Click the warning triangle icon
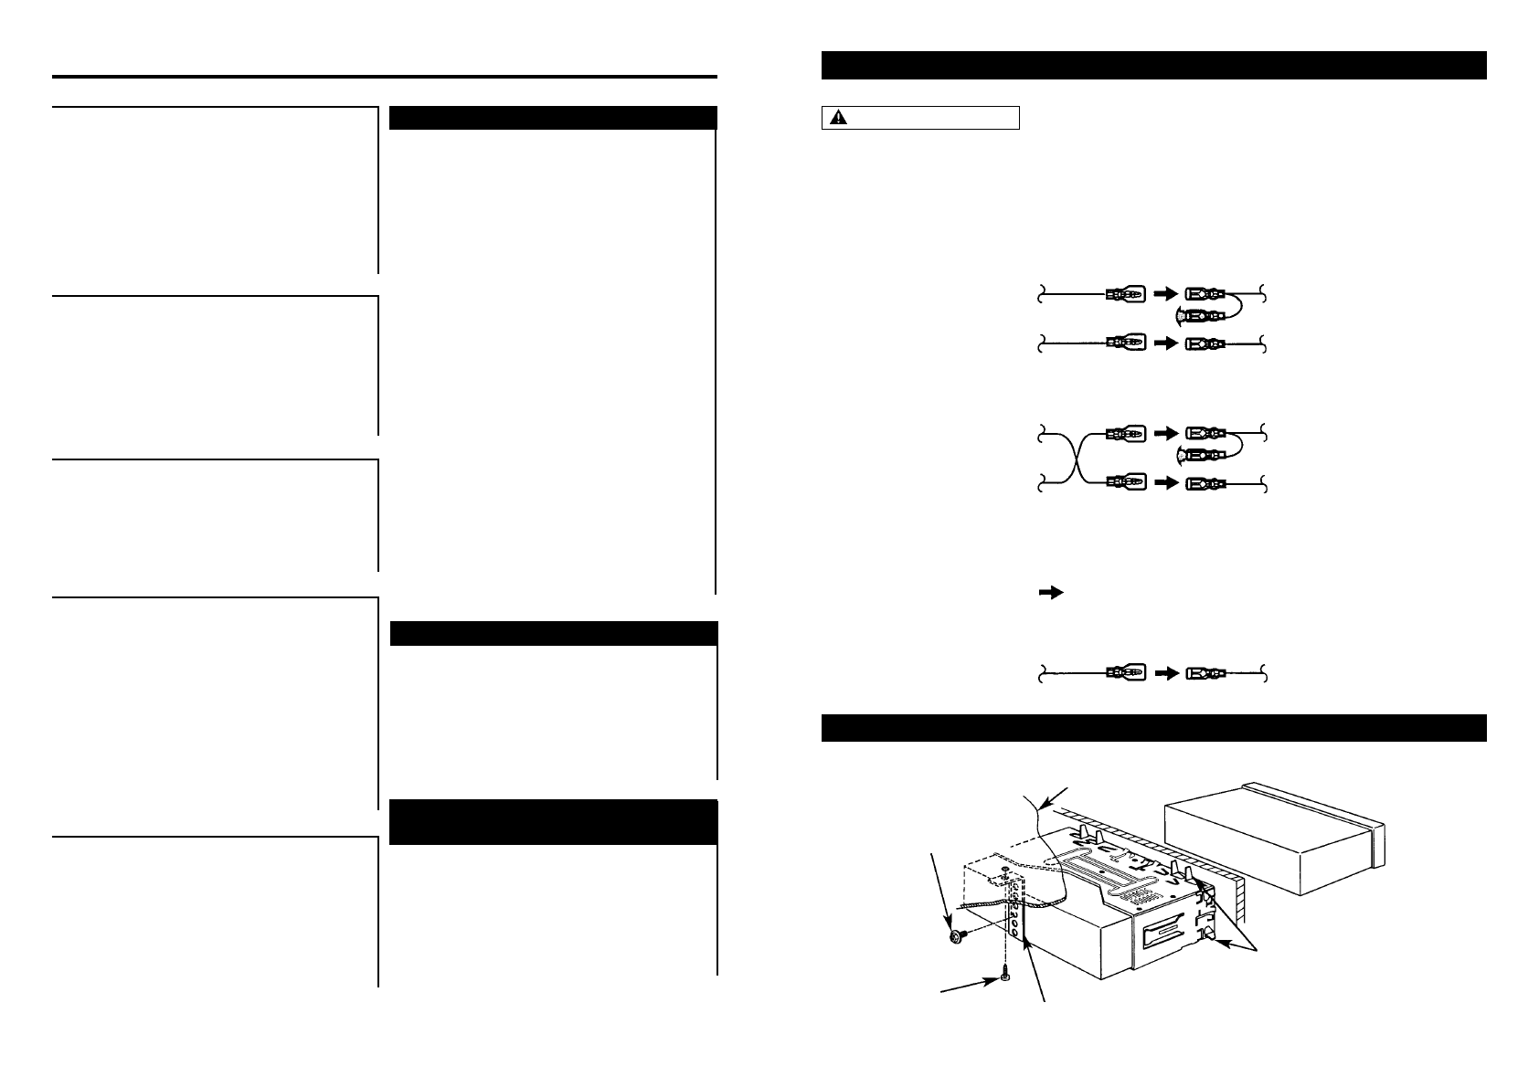(x=837, y=117)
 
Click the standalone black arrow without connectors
(x=1051, y=593)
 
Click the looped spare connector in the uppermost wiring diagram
(x=1200, y=316)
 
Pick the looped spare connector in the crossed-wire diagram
(x=1200, y=455)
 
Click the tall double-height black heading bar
(x=553, y=823)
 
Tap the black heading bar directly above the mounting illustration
(x=1152, y=728)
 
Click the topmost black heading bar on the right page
(x=1152, y=66)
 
